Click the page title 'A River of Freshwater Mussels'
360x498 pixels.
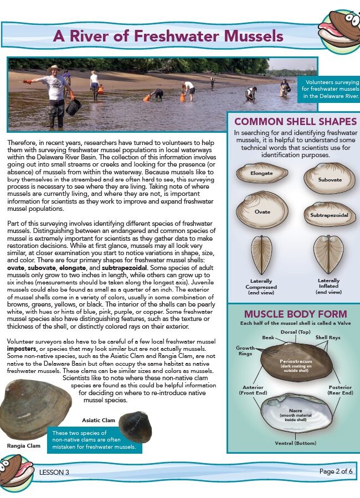[x=168, y=36]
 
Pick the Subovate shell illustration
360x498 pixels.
[x=330, y=179]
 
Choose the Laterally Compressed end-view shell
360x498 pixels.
[x=261, y=255]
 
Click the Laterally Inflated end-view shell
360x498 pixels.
[x=328, y=254]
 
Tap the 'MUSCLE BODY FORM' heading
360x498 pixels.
[x=295, y=314]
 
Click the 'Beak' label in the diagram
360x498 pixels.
[x=268, y=337]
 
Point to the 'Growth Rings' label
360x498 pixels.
[x=245, y=351]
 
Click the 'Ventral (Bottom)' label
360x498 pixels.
[x=296, y=443]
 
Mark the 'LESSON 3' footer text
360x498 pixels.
[x=54, y=472]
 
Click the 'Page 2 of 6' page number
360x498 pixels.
[x=336, y=471]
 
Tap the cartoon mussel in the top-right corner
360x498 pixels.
[x=339, y=31]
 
